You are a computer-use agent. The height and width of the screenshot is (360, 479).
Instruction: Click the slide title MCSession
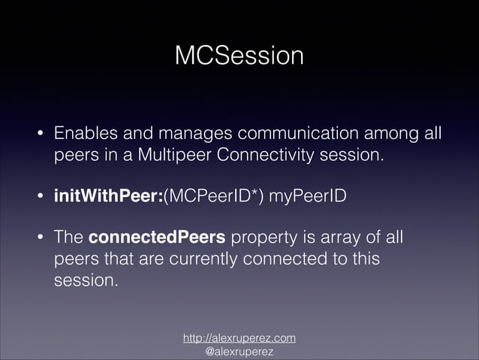(x=239, y=56)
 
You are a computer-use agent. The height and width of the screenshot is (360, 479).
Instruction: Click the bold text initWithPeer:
(x=107, y=197)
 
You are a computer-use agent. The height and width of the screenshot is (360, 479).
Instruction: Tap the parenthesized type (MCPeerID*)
(x=213, y=197)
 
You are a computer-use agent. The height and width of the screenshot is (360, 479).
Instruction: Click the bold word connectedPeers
(x=157, y=238)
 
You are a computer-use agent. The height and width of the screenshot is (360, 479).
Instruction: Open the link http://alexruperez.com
(x=239, y=338)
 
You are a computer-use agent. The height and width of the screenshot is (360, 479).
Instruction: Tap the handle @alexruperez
(x=239, y=351)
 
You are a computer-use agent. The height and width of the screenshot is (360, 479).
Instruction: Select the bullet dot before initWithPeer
(x=41, y=198)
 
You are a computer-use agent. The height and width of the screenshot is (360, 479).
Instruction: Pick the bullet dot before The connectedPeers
(x=41, y=239)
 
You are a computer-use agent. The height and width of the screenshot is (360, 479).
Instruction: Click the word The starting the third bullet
(x=68, y=238)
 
